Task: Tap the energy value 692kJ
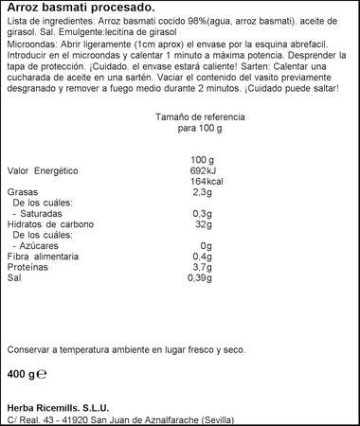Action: tap(203, 169)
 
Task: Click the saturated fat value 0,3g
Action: tap(203, 215)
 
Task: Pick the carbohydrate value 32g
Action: tap(203, 225)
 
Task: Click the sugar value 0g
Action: tap(206, 247)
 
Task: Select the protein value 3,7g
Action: tap(203, 269)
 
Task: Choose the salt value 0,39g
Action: tap(201, 280)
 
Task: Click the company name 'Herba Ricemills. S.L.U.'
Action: tap(59, 407)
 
